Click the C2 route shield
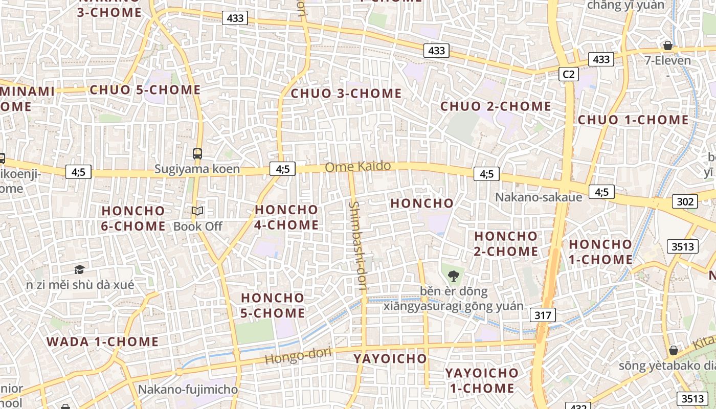tap(568, 74)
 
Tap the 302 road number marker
tap(685, 201)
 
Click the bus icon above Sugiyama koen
tap(197, 153)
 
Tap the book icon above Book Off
tap(197, 211)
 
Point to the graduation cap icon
tap(79, 269)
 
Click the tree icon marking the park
tap(453, 277)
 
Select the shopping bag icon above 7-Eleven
tap(667, 46)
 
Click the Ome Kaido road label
tap(358, 166)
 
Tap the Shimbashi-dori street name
tap(356, 245)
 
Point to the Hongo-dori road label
tap(298, 356)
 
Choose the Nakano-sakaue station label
tap(539, 197)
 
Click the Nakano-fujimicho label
tap(188, 390)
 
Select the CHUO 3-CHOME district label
tap(346, 94)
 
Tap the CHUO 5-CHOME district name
tap(145, 90)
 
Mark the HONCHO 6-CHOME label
tap(133, 218)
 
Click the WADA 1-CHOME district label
tap(102, 342)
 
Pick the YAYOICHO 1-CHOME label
tap(482, 380)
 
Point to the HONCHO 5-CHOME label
tap(273, 305)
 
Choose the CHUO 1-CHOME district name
tap(633, 120)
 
